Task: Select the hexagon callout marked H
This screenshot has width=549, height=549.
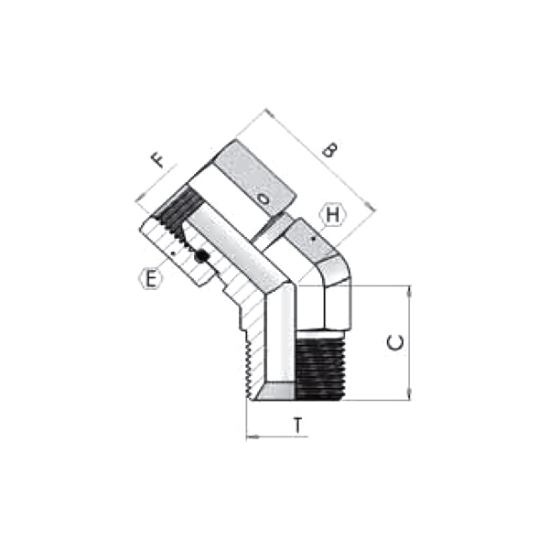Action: click(x=334, y=217)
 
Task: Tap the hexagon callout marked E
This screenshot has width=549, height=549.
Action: click(x=150, y=276)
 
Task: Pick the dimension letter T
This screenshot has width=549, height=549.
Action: click(x=297, y=425)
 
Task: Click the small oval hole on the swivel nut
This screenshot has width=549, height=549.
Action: click(x=264, y=198)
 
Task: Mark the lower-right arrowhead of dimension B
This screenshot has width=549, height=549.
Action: click(x=371, y=209)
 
